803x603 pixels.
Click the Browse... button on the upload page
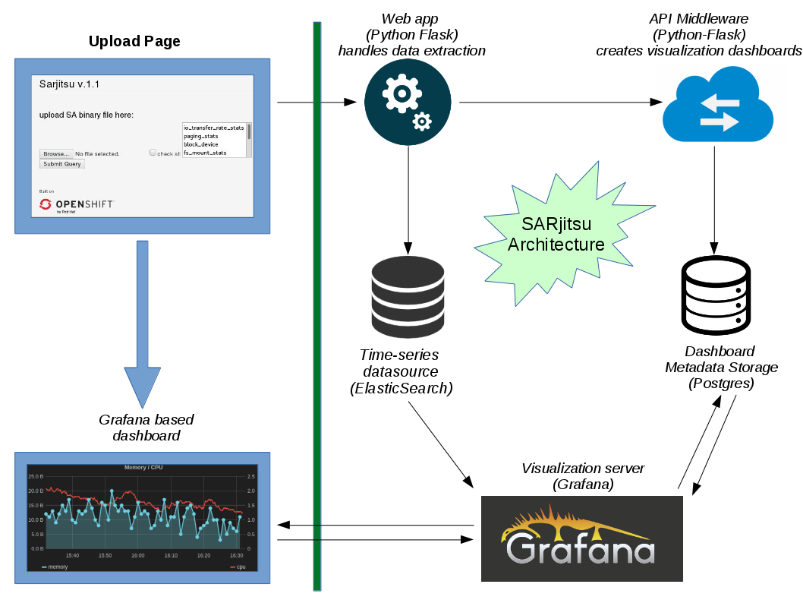tap(56, 153)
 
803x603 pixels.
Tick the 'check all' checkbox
tap(153, 153)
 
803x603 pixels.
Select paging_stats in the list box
tap(201, 136)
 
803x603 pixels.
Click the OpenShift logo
tap(76, 204)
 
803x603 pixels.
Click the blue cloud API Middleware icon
tap(718, 104)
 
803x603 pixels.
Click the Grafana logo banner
tap(582, 538)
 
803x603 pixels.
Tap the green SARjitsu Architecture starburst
tap(556, 235)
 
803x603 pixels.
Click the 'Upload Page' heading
tap(134, 41)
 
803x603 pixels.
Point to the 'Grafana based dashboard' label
tap(146, 428)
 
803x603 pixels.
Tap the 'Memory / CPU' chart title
tap(143, 467)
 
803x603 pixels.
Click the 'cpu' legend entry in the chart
tap(238, 567)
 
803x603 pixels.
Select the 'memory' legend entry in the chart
tap(55, 567)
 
